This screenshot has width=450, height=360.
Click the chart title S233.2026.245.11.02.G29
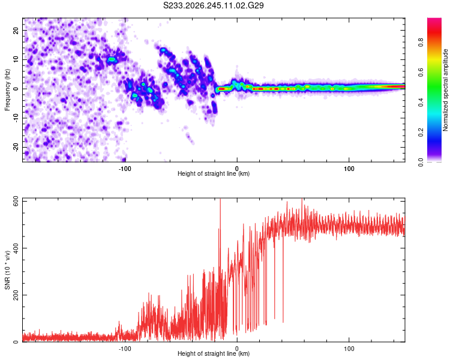pos(213,5)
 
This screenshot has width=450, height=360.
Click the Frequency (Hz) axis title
pos(7,89)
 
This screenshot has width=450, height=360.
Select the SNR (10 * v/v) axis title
pos(7,270)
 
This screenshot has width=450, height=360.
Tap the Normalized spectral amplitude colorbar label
pos(445,90)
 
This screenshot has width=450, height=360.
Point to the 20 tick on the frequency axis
pos(16,30)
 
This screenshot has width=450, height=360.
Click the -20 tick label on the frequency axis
pos(16,148)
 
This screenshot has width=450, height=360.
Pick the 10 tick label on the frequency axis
pos(16,59)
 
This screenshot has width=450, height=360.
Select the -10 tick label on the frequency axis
pos(16,118)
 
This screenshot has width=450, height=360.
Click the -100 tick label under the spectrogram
pos(125,169)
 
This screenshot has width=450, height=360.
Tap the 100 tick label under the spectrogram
pos(349,169)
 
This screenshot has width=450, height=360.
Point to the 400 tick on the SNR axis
pos(16,248)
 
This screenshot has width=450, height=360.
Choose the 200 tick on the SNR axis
pos(16,295)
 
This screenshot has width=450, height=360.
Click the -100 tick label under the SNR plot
pos(125,349)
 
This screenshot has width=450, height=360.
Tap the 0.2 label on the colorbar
pos(421,133)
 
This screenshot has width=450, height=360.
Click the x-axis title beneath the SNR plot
pos(214,353)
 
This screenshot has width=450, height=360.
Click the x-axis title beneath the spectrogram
pos(214,173)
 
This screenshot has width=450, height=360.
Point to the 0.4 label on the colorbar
pos(421,103)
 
